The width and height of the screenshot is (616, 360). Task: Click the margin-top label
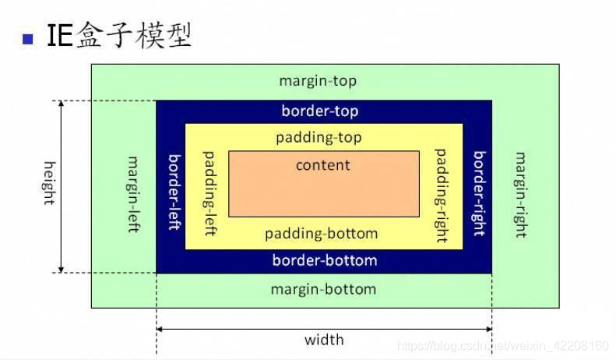(318, 81)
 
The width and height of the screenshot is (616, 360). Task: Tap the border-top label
(320, 111)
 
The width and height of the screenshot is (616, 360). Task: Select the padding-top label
(319, 138)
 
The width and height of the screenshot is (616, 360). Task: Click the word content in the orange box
(323, 165)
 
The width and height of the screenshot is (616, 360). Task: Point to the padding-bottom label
(321, 234)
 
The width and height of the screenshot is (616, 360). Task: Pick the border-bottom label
(324, 260)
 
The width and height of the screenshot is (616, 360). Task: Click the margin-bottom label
(323, 289)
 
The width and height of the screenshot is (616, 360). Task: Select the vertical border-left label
(174, 192)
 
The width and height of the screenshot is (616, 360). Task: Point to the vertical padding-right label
(441, 195)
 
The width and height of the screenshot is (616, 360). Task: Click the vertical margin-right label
(519, 194)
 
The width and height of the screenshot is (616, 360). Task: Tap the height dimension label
(49, 183)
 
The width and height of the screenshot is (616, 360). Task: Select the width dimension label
(324, 339)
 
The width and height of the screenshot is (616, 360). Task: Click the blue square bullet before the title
(30, 38)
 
